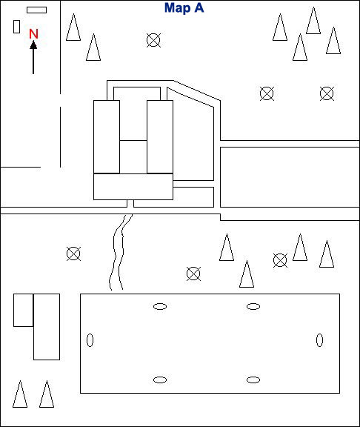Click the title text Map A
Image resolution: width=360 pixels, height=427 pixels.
point(184,8)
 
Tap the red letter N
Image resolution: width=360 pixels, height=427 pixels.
point(33,34)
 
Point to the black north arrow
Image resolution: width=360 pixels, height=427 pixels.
point(33,57)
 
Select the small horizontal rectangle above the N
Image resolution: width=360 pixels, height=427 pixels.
point(36,10)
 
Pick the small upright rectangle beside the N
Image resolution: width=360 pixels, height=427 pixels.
point(16,27)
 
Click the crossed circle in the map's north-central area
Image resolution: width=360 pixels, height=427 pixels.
point(153,40)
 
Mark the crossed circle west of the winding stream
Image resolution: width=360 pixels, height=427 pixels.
point(73,254)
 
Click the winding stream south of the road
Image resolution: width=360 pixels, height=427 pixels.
point(119,252)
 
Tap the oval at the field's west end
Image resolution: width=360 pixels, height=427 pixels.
point(90,340)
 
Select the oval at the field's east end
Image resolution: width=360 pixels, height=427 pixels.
point(320,340)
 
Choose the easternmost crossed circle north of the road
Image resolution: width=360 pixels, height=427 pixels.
point(327,93)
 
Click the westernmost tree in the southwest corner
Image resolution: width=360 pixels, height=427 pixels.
point(20,394)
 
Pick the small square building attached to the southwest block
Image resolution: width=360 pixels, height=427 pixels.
point(24,310)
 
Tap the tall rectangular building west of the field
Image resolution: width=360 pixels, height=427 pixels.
point(47,327)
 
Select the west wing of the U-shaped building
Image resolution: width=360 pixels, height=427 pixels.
point(107,136)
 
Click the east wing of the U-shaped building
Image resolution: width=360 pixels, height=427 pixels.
point(160,136)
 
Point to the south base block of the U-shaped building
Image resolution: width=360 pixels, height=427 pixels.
point(133,187)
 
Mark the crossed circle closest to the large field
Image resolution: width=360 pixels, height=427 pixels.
point(193,274)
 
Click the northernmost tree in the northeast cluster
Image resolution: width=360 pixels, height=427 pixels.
point(313,21)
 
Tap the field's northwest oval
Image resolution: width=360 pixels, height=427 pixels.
point(160,307)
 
